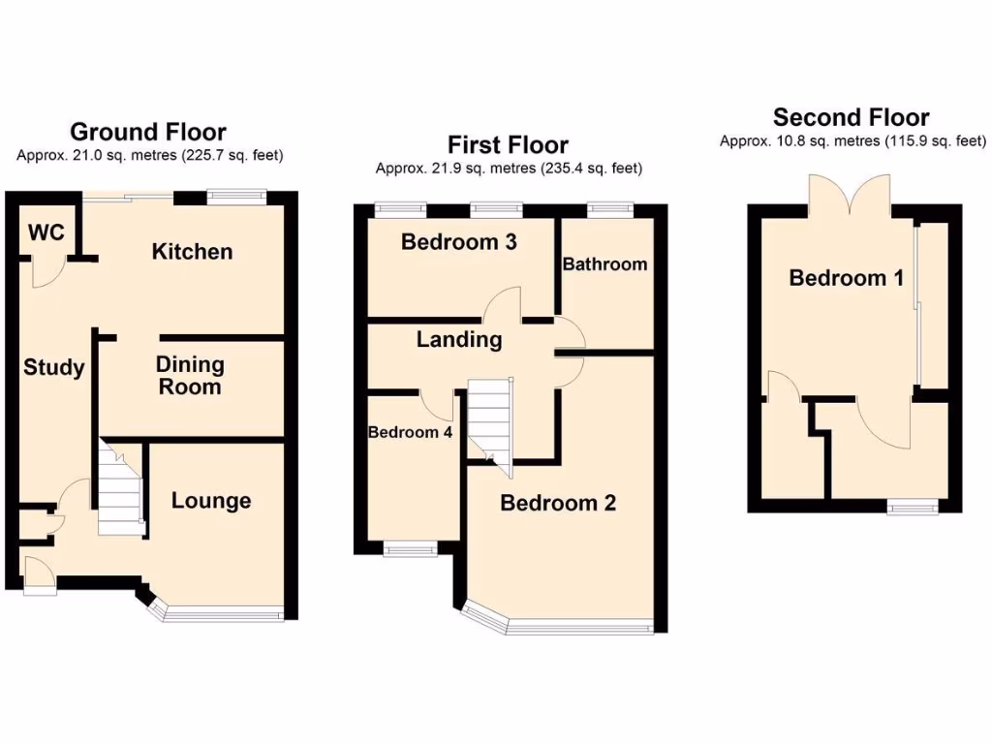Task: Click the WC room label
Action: (x=46, y=232)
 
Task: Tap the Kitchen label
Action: (x=192, y=252)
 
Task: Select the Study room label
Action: (x=53, y=368)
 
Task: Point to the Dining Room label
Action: (x=190, y=376)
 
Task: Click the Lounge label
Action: (x=211, y=501)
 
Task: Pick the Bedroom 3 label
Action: (x=458, y=242)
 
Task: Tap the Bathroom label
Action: (x=604, y=263)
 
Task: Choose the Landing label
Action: (x=459, y=340)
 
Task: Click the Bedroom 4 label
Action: (x=410, y=432)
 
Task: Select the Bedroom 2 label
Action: (x=558, y=503)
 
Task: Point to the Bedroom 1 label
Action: (x=846, y=279)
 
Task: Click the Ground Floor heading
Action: (x=148, y=132)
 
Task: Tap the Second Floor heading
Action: (x=851, y=118)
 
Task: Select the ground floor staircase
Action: (x=121, y=489)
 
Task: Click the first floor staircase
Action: (x=489, y=422)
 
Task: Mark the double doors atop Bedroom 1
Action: (x=851, y=196)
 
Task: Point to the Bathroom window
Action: (x=609, y=206)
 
